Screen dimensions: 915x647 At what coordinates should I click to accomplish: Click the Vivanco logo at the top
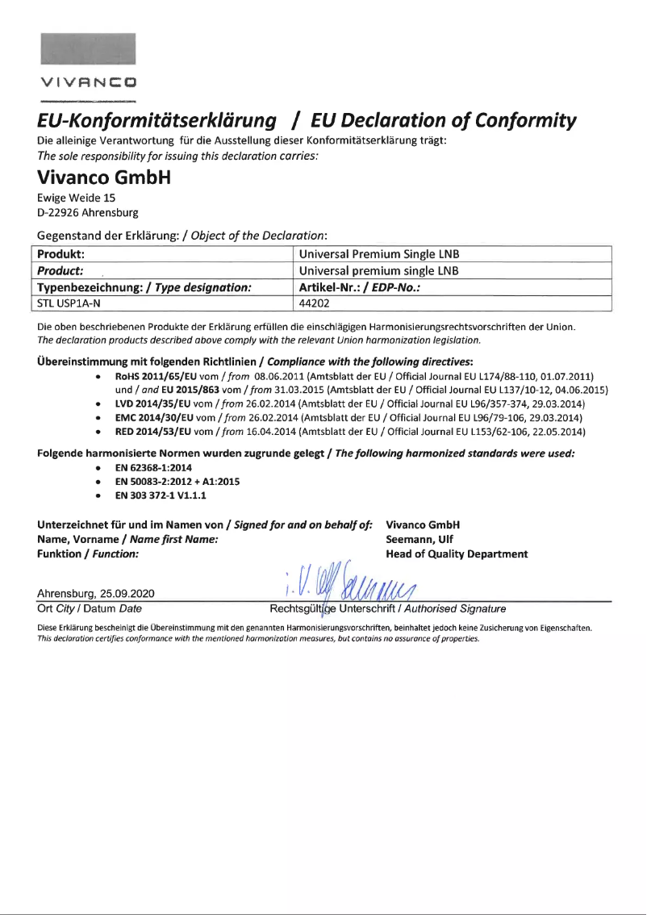click(x=89, y=81)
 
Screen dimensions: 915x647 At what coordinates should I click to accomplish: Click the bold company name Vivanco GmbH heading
click(x=105, y=176)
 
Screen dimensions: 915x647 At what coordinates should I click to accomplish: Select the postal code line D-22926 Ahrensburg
click(x=88, y=213)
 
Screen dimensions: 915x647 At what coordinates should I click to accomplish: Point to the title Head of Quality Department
click(x=457, y=554)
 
